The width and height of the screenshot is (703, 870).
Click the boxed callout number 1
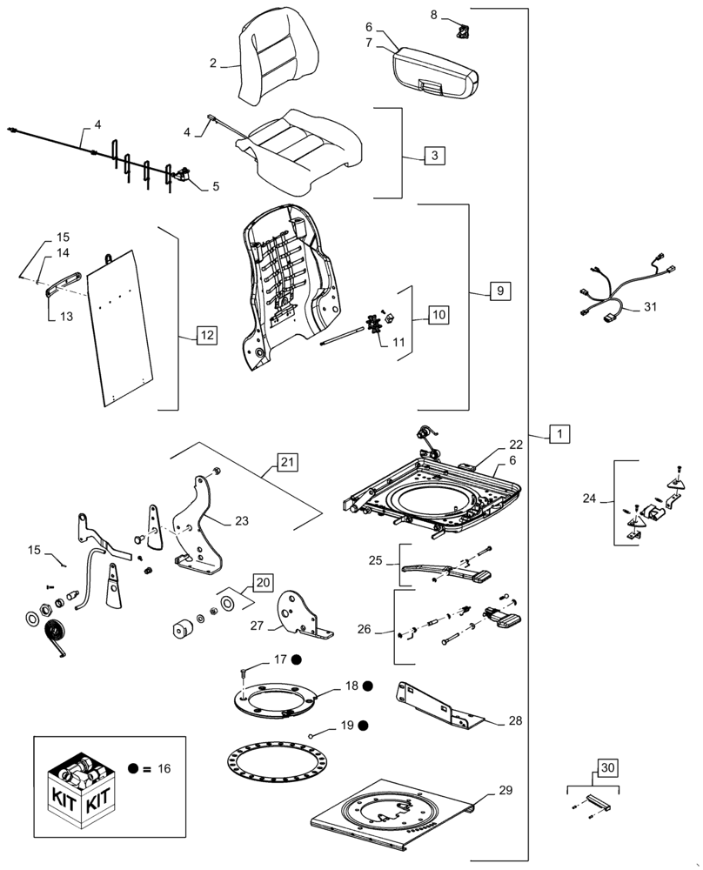[561, 433]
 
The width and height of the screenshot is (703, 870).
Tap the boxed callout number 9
[499, 291]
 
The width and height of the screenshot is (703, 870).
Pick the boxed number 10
[439, 315]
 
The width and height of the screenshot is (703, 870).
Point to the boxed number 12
[206, 334]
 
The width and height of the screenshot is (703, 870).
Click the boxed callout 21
[288, 463]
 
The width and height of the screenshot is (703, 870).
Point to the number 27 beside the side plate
[257, 625]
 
